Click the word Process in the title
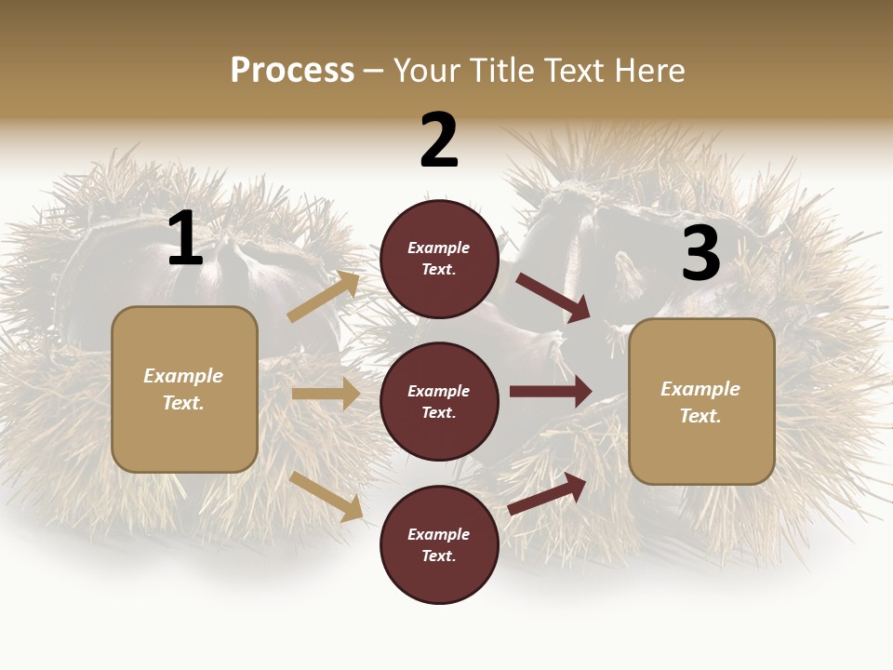[292, 71]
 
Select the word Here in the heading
[647, 71]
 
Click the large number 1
[185, 239]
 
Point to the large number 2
[439, 141]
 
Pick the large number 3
[700, 254]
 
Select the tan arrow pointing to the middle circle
[326, 394]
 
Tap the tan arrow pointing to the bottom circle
[327, 495]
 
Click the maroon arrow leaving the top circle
[553, 298]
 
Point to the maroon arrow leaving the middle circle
[551, 391]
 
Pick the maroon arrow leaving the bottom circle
[547, 493]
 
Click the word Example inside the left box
[183, 376]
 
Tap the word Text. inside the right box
[700, 416]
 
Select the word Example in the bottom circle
[438, 534]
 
